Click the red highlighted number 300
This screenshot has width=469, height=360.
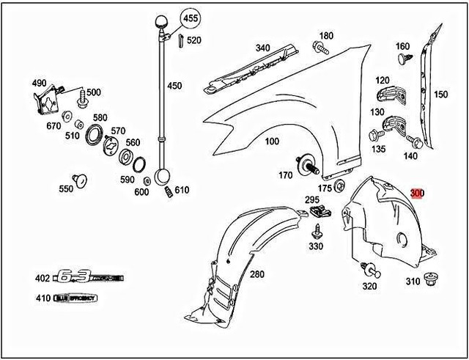(418, 194)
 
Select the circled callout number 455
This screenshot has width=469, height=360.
(190, 17)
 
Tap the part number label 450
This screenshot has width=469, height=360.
(174, 86)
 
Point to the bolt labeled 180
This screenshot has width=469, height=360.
(320, 48)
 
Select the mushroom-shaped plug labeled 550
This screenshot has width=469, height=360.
(80, 178)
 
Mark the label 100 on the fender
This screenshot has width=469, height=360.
(271, 140)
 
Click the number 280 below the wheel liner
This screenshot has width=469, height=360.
(256, 274)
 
